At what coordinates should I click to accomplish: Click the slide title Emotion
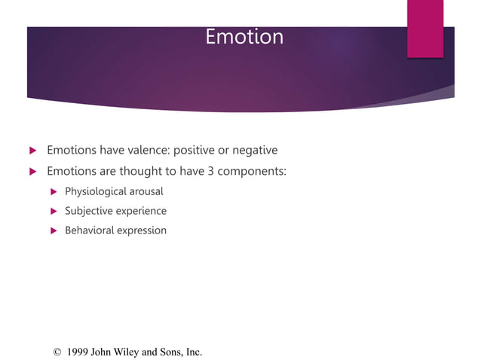(x=244, y=37)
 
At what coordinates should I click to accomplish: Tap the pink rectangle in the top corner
(x=425, y=29)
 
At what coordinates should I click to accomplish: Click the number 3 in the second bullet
(x=210, y=171)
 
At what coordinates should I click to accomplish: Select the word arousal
(x=147, y=191)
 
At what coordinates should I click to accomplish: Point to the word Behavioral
(x=89, y=230)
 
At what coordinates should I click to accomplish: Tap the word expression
(x=142, y=230)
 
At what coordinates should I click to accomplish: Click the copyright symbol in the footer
(x=57, y=352)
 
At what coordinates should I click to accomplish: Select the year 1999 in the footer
(x=78, y=352)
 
